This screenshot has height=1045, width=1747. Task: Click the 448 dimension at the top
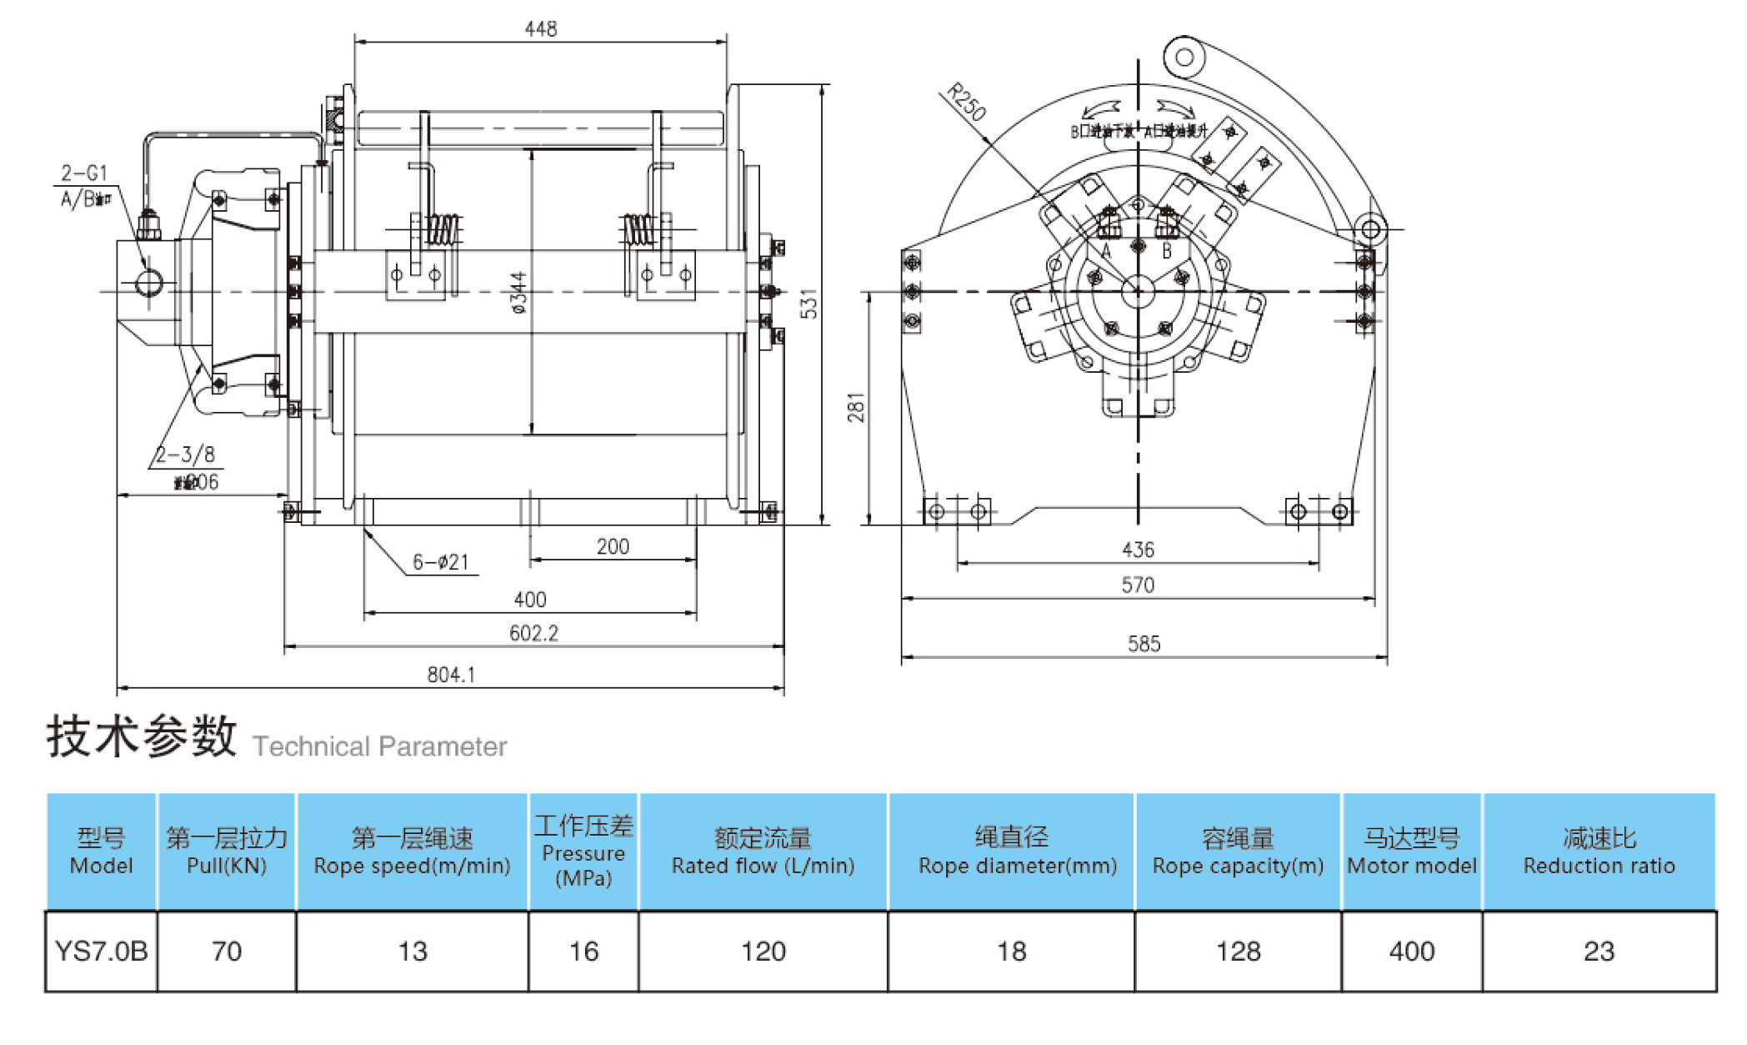tap(540, 29)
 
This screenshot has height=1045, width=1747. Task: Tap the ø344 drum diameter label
tap(518, 292)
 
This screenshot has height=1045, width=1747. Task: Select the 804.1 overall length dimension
tap(451, 675)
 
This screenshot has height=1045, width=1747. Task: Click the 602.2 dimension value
tap(533, 634)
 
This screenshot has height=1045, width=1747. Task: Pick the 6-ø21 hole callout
tap(441, 563)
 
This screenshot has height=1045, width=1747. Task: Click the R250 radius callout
tap(967, 102)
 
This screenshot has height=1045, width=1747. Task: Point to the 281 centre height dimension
tap(856, 407)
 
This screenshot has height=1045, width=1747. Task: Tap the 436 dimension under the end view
tap(1138, 550)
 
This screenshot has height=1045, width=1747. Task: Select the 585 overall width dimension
tap(1144, 644)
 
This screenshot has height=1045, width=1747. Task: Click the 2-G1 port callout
tap(84, 173)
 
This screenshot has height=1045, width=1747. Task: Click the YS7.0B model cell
tap(101, 952)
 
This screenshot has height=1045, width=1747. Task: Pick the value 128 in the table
tap(1238, 952)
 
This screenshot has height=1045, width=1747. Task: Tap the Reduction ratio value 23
tap(1599, 952)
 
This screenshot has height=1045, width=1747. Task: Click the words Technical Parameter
tap(379, 746)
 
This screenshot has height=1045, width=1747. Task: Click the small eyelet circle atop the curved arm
tap(1184, 58)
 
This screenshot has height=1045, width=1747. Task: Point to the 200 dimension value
tap(613, 547)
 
